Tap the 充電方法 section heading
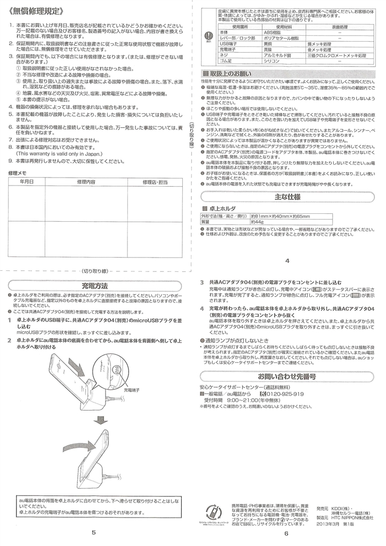coord(95,285)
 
